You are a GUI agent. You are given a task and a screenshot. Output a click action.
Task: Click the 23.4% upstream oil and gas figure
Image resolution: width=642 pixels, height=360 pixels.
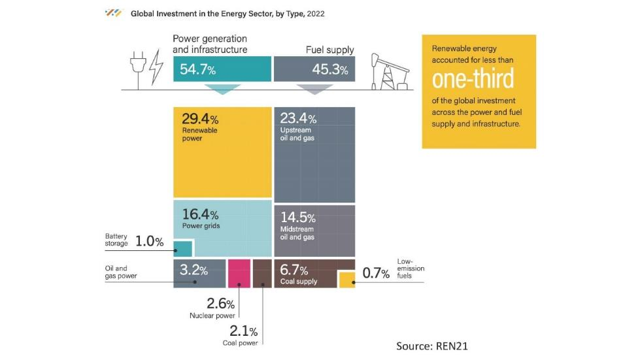pos(298,119)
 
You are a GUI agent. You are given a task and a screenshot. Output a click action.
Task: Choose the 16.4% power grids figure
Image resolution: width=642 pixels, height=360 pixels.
pos(200,214)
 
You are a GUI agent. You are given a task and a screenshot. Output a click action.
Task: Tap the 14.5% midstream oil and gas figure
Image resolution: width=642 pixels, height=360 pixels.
pos(298,218)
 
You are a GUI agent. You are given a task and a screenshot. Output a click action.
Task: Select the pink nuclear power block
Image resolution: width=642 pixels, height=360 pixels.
pos(239,273)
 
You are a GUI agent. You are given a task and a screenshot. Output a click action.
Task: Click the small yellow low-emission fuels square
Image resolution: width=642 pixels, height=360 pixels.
pos(347,280)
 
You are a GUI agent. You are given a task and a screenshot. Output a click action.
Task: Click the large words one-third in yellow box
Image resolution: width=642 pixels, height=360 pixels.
pos(473,79)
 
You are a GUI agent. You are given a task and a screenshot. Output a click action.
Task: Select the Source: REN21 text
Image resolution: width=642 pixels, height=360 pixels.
pos(431,346)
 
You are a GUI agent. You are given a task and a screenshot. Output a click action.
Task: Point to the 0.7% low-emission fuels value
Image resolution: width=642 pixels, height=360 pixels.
pos(376,273)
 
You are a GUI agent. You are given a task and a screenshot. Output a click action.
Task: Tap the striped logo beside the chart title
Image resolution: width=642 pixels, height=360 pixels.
pos(114,13)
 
